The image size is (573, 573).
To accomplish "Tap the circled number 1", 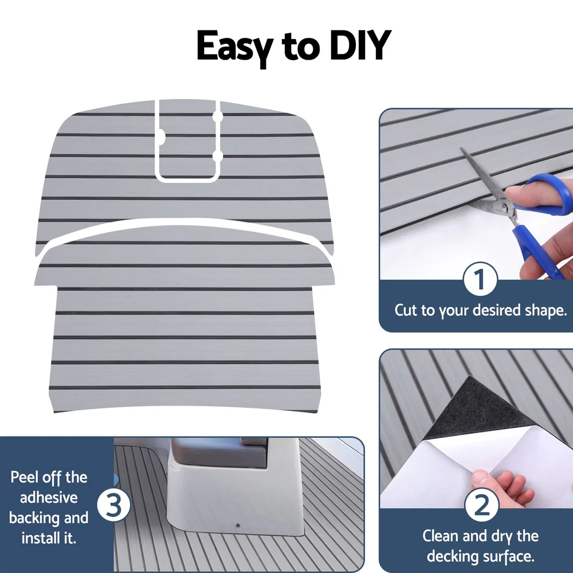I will (x=480, y=280).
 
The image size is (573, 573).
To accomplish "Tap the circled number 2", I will (x=480, y=506).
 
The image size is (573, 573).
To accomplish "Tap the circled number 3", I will (x=114, y=506).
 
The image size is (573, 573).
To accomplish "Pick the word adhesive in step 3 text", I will (x=49, y=497).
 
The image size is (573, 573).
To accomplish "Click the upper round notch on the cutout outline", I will (x=218, y=116).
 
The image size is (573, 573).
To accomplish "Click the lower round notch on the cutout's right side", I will (x=218, y=156).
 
